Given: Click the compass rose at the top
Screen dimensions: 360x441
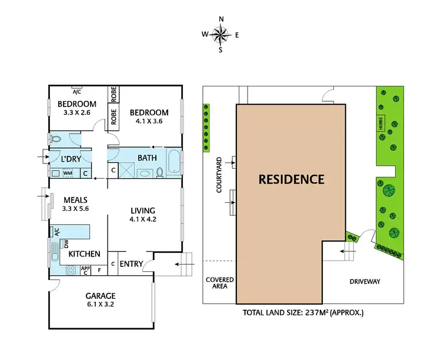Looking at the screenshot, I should (221, 34).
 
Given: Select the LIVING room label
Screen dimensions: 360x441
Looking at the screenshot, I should (143, 211).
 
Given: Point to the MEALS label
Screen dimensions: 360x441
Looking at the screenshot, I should (75, 199).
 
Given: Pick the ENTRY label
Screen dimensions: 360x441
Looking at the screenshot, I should (131, 264).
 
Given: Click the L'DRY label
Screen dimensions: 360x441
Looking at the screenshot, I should (71, 159).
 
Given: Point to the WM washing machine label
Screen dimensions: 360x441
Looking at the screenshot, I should (67, 173).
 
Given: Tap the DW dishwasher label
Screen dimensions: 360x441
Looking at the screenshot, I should (66, 243).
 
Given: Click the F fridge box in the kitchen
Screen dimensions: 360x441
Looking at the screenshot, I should (99, 271).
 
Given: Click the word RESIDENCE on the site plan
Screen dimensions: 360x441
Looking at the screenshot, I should (291, 179).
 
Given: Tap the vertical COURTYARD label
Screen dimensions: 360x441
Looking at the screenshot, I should (218, 175).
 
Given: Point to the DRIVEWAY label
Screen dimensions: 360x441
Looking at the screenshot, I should (364, 282).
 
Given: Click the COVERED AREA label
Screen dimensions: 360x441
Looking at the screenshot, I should (219, 284).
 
